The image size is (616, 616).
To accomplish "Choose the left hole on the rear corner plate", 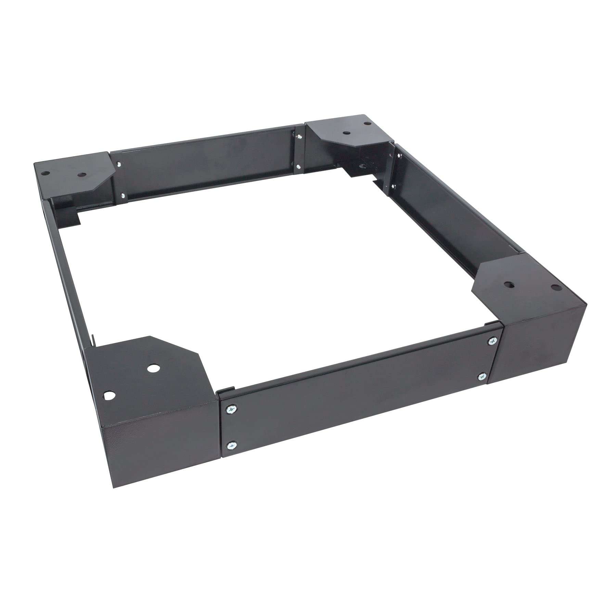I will [x=346, y=131].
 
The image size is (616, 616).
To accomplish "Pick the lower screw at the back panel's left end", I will [x=122, y=196].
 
